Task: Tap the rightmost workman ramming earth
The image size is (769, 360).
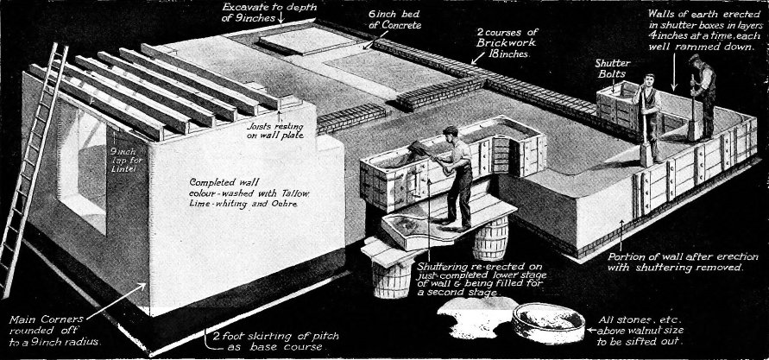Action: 701,95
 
